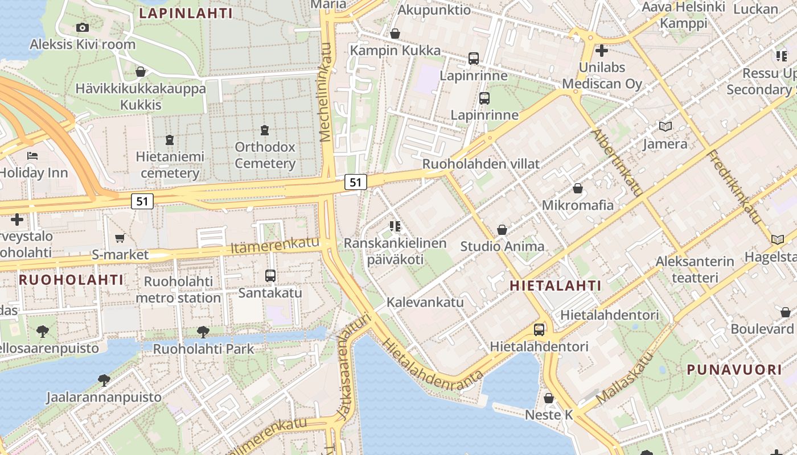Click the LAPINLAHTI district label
pyautogui.click(x=186, y=13)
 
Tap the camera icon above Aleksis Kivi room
pyautogui.click(x=83, y=27)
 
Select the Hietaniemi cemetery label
pyautogui.click(x=170, y=164)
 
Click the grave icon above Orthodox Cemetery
pyautogui.click(x=264, y=130)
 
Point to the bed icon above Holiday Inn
pyautogui.click(x=32, y=155)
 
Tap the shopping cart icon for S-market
pyautogui.click(x=120, y=238)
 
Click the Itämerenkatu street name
pyautogui.click(x=275, y=245)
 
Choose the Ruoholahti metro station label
pyautogui.click(x=178, y=289)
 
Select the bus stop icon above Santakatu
pyautogui.click(x=270, y=276)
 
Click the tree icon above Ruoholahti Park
pyautogui.click(x=203, y=332)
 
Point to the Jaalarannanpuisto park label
pyautogui.click(x=104, y=397)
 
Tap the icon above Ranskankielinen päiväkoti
pyautogui.click(x=395, y=226)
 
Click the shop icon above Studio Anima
pyautogui.click(x=502, y=230)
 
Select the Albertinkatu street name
pyautogui.click(x=617, y=163)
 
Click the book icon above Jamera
pyautogui.click(x=665, y=127)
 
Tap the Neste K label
pyautogui.click(x=549, y=415)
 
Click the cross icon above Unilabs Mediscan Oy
pyautogui.click(x=601, y=51)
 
